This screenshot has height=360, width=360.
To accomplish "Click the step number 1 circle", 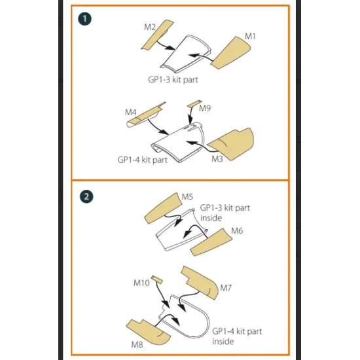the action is pos(84,19).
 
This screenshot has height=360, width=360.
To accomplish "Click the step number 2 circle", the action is pos(86,196).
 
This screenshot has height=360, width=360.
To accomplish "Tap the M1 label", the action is pos(250,36).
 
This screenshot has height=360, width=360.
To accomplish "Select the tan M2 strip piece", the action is pos(158,35).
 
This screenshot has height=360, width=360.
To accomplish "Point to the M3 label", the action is pos(217,158).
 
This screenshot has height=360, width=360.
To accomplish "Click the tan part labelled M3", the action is pos(231,144).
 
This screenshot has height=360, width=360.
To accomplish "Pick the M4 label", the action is pos(131,113).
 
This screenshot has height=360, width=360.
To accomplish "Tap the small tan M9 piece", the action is pos(194,103).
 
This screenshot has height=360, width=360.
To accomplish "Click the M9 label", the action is pos(205,108).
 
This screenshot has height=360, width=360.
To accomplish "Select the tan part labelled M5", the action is pos(163,208).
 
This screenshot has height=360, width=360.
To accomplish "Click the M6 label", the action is pos(237,231).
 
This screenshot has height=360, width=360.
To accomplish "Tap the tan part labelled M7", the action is pos(200,283).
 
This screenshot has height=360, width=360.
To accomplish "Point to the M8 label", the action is pos(137,344).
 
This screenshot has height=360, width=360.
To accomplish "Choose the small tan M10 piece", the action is pos(157,279).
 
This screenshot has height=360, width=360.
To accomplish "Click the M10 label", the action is pos(141,283).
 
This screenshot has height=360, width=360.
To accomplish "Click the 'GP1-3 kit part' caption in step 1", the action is pos(173,80).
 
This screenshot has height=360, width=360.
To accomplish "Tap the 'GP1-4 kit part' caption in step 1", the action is pos(142,160).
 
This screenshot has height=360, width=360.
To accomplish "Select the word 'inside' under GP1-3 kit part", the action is pos(211,218).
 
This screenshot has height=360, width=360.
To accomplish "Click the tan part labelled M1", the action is pos(230,52).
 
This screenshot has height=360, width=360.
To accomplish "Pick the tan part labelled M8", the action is pos(149,332).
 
